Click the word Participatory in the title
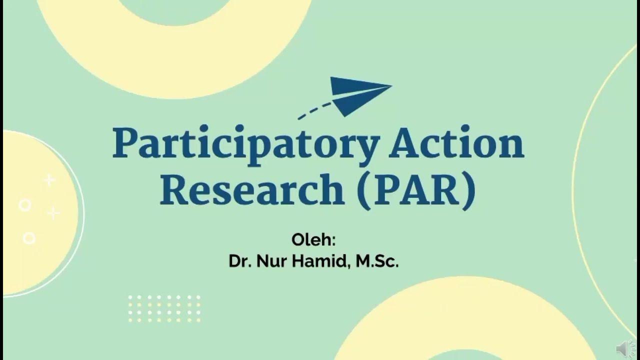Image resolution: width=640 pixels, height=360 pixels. (245, 144)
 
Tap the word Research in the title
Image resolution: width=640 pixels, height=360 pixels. (251, 190)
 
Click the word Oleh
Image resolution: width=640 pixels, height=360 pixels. (311, 239)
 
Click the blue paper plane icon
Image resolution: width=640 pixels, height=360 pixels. (357, 94)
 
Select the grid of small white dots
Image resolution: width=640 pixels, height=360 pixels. (164, 308)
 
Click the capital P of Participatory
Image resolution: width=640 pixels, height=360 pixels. (125, 143)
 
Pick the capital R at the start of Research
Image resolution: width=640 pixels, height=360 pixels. (173, 190)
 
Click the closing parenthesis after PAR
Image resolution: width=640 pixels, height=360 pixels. (468, 191)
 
